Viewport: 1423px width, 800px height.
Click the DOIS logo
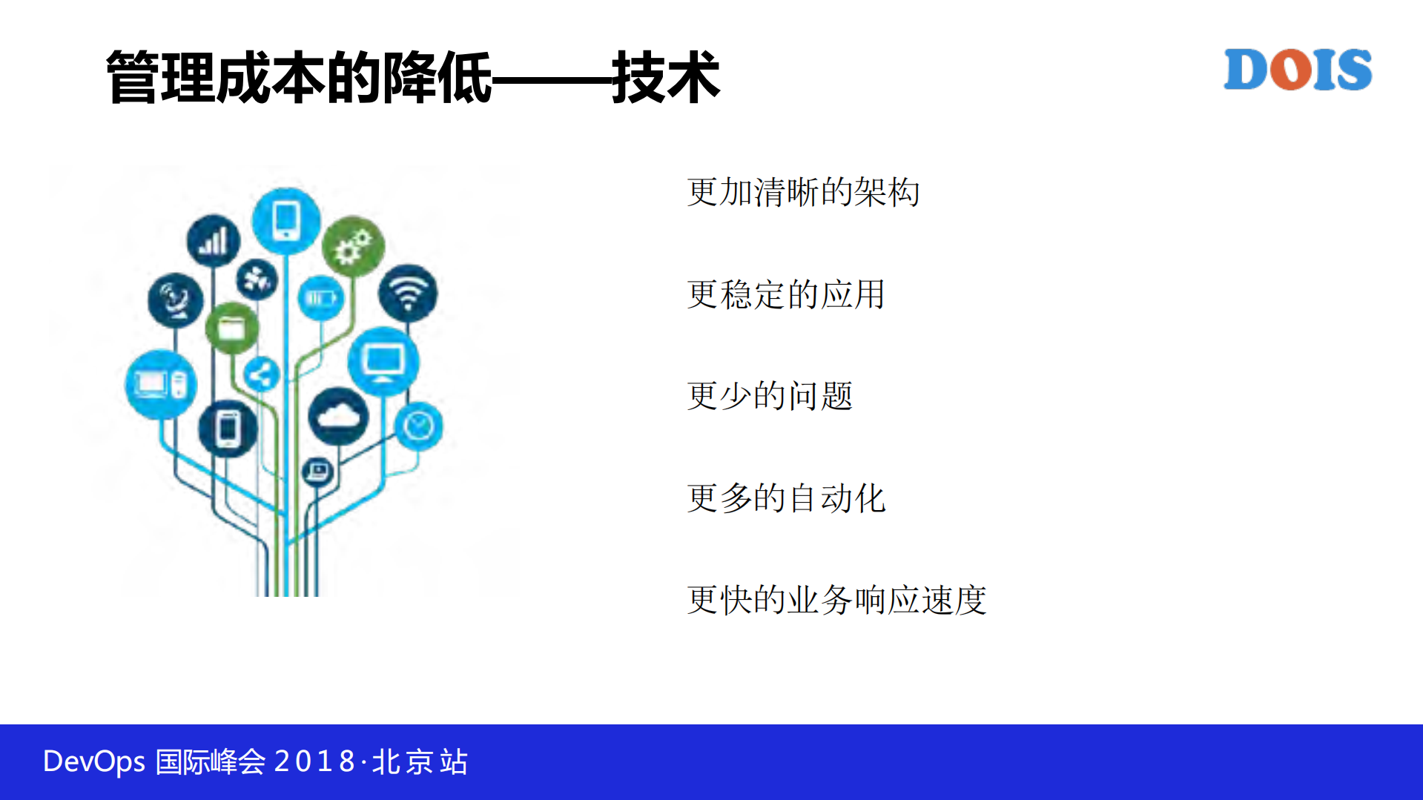(x=1297, y=70)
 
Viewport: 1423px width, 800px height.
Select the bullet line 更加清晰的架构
(x=803, y=192)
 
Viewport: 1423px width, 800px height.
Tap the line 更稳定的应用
(x=786, y=294)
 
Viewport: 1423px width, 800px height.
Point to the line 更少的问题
(x=770, y=396)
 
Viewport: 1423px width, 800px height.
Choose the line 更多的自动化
(x=786, y=498)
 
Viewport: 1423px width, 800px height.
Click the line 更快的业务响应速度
(x=836, y=600)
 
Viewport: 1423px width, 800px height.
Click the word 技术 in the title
(x=665, y=78)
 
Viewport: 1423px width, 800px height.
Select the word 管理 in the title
(x=160, y=78)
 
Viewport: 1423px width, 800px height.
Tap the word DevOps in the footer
(x=94, y=761)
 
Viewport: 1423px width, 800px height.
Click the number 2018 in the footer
(x=314, y=761)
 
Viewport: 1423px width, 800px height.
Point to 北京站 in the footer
(x=420, y=761)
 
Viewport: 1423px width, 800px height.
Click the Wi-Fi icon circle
(x=407, y=293)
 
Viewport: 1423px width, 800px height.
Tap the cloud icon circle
(x=339, y=417)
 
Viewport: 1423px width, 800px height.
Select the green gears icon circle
(x=353, y=247)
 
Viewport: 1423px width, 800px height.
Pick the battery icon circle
(x=321, y=298)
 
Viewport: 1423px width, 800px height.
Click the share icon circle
(x=261, y=375)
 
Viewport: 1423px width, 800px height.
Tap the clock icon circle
(x=419, y=426)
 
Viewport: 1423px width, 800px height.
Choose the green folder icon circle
(x=231, y=328)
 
